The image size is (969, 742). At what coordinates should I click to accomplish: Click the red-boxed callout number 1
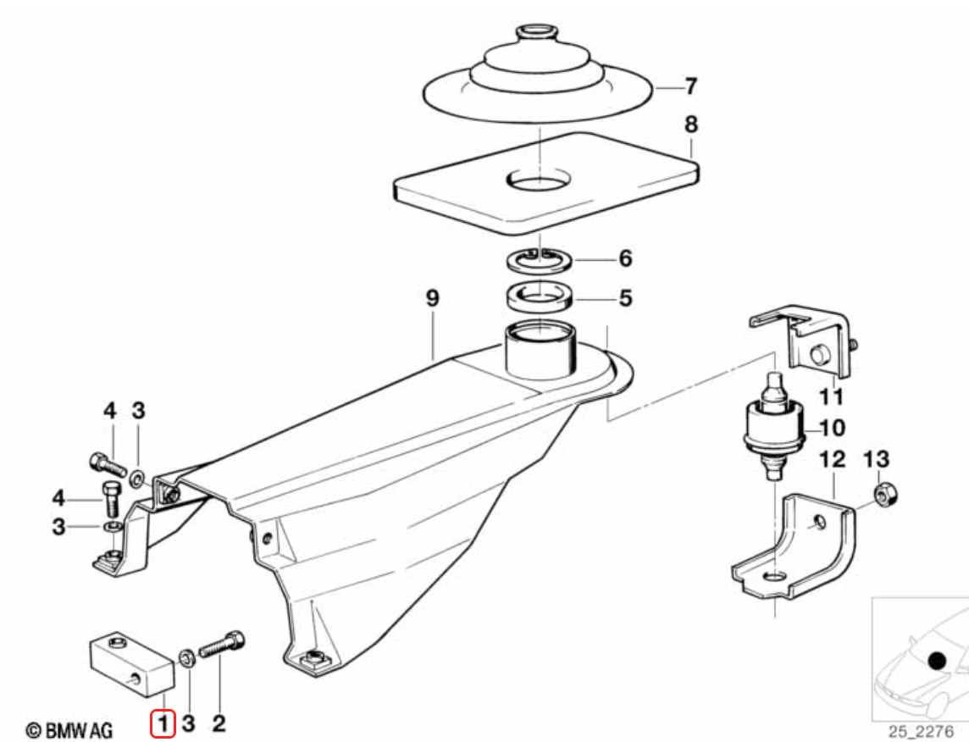(x=163, y=723)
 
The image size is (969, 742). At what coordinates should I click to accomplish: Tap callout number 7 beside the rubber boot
(x=691, y=86)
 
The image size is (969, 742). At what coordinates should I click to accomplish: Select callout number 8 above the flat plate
(x=691, y=125)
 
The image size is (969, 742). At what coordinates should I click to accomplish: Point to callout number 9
(x=433, y=298)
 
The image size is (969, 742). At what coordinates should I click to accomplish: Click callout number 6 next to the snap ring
(x=625, y=258)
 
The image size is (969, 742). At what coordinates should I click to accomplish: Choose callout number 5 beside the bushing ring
(x=625, y=298)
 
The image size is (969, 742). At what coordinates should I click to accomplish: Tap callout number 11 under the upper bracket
(x=831, y=396)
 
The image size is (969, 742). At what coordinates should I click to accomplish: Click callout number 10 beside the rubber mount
(x=832, y=428)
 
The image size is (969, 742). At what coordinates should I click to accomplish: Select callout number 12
(x=832, y=460)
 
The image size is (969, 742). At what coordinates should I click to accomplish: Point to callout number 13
(x=877, y=460)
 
